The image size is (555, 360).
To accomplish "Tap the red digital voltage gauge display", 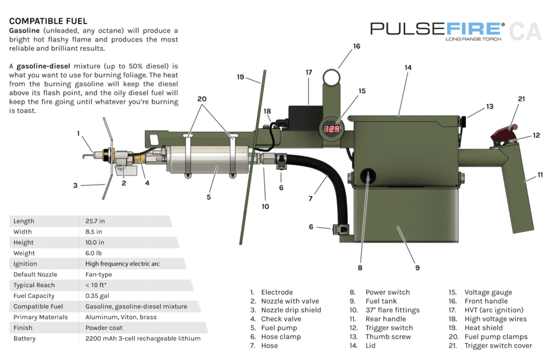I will (x=331, y=129).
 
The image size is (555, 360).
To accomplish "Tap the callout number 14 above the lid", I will (x=408, y=67).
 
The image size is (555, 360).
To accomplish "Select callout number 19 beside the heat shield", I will (x=240, y=77).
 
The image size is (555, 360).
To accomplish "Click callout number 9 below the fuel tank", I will (x=417, y=267).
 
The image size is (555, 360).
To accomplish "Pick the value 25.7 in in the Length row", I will (x=95, y=221).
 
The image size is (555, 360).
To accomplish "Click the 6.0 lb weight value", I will (x=93, y=253).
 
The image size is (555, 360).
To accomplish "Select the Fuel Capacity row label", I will (x=34, y=296).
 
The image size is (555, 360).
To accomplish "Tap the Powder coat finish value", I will (x=104, y=328).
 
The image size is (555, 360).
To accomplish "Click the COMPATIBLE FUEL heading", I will (x=48, y=21).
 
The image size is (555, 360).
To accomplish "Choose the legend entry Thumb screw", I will (x=388, y=336).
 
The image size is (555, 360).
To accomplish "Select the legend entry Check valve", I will (x=281, y=319).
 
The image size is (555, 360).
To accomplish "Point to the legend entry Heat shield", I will (x=484, y=328).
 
